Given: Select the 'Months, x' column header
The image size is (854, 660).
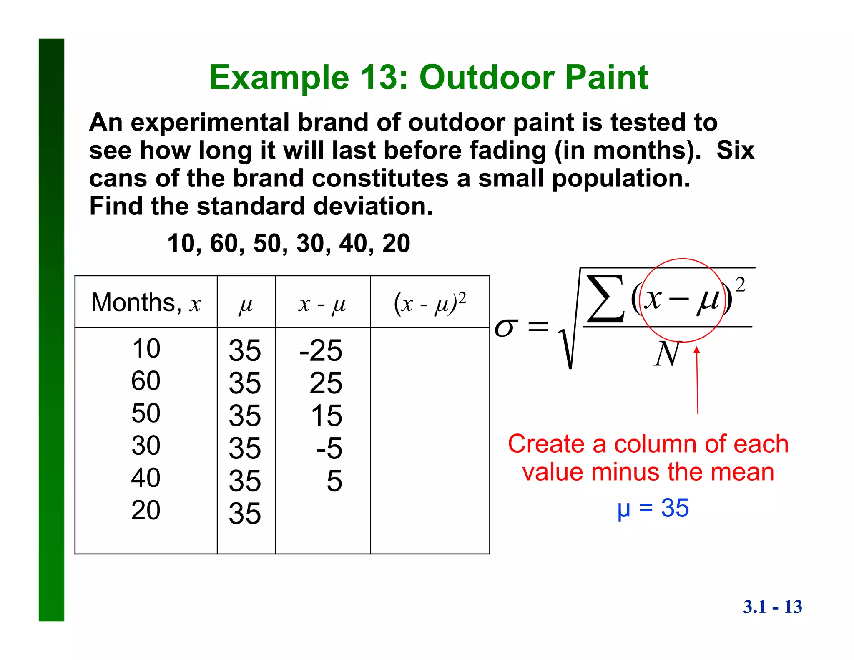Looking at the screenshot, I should (146, 302).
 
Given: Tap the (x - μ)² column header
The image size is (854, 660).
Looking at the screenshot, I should (430, 303).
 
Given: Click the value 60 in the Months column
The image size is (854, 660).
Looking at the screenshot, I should (146, 380).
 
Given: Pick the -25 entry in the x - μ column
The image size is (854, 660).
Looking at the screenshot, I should (321, 350).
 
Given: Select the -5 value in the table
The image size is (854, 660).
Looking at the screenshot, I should (329, 448).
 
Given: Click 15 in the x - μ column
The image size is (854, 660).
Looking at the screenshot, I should (326, 416).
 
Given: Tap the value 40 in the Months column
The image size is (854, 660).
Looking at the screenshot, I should (146, 478).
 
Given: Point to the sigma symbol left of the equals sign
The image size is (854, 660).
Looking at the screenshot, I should (506, 327).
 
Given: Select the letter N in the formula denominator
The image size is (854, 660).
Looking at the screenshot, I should (667, 354).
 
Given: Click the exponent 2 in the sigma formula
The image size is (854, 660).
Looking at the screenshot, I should (740, 285).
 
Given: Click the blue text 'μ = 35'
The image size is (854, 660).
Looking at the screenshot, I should (653, 508).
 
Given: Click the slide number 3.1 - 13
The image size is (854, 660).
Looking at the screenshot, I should (772, 607).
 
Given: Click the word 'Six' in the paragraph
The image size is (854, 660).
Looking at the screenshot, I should (735, 150).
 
